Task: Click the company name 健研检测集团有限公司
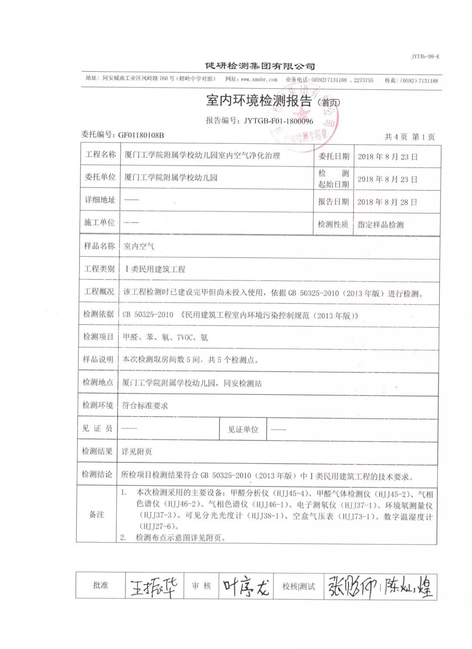coord(260,66)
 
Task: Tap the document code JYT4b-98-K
coord(425,57)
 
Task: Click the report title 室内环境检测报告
coord(259,101)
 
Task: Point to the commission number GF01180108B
coord(141,135)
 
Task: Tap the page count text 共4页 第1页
coord(410,137)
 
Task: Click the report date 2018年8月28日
coord(387,202)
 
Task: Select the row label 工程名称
coord(100,154)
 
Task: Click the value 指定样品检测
coord(380,225)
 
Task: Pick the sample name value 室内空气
coord(139,246)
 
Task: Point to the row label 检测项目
coord(98,337)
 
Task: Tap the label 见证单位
coord(243,429)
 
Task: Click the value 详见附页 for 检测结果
coord(137,451)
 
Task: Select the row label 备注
coord(97,514)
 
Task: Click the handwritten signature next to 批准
coord(154,586)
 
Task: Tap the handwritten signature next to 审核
coord(246,586)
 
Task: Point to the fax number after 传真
coord(420,80)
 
